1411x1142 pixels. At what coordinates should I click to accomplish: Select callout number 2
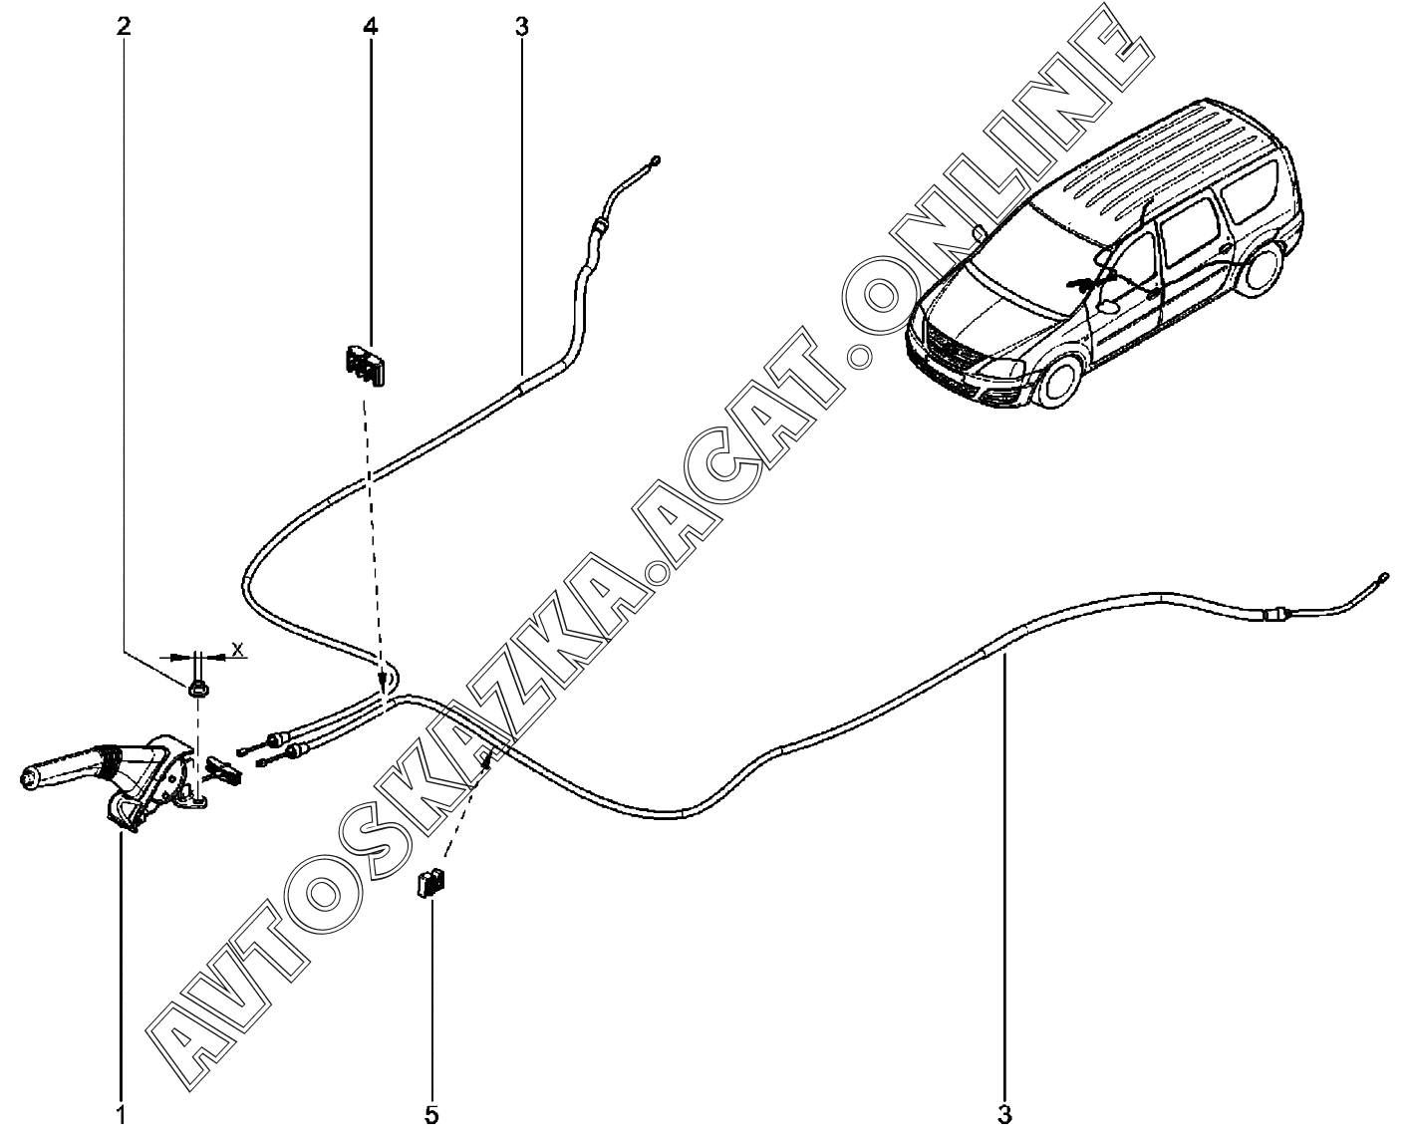coord(124,26)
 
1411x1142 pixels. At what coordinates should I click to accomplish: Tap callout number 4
coord(370,26)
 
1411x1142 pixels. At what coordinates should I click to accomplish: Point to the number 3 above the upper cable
coord(522,26)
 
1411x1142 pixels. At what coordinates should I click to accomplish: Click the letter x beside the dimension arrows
coord(237,649)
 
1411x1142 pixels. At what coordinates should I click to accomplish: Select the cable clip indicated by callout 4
coord(364,365)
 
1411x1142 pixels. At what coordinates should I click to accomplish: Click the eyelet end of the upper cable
coord(655,161)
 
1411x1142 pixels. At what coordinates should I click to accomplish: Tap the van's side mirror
coord(1105,307)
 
